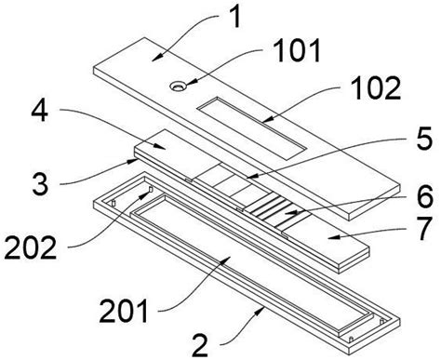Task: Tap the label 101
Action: (298, 51)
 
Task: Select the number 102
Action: (378, 88)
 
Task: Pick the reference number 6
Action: (425, 197)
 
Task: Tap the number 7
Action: (423, 229)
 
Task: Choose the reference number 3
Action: (40, 183)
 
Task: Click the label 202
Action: (31, 247)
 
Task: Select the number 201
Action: (124, 311)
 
